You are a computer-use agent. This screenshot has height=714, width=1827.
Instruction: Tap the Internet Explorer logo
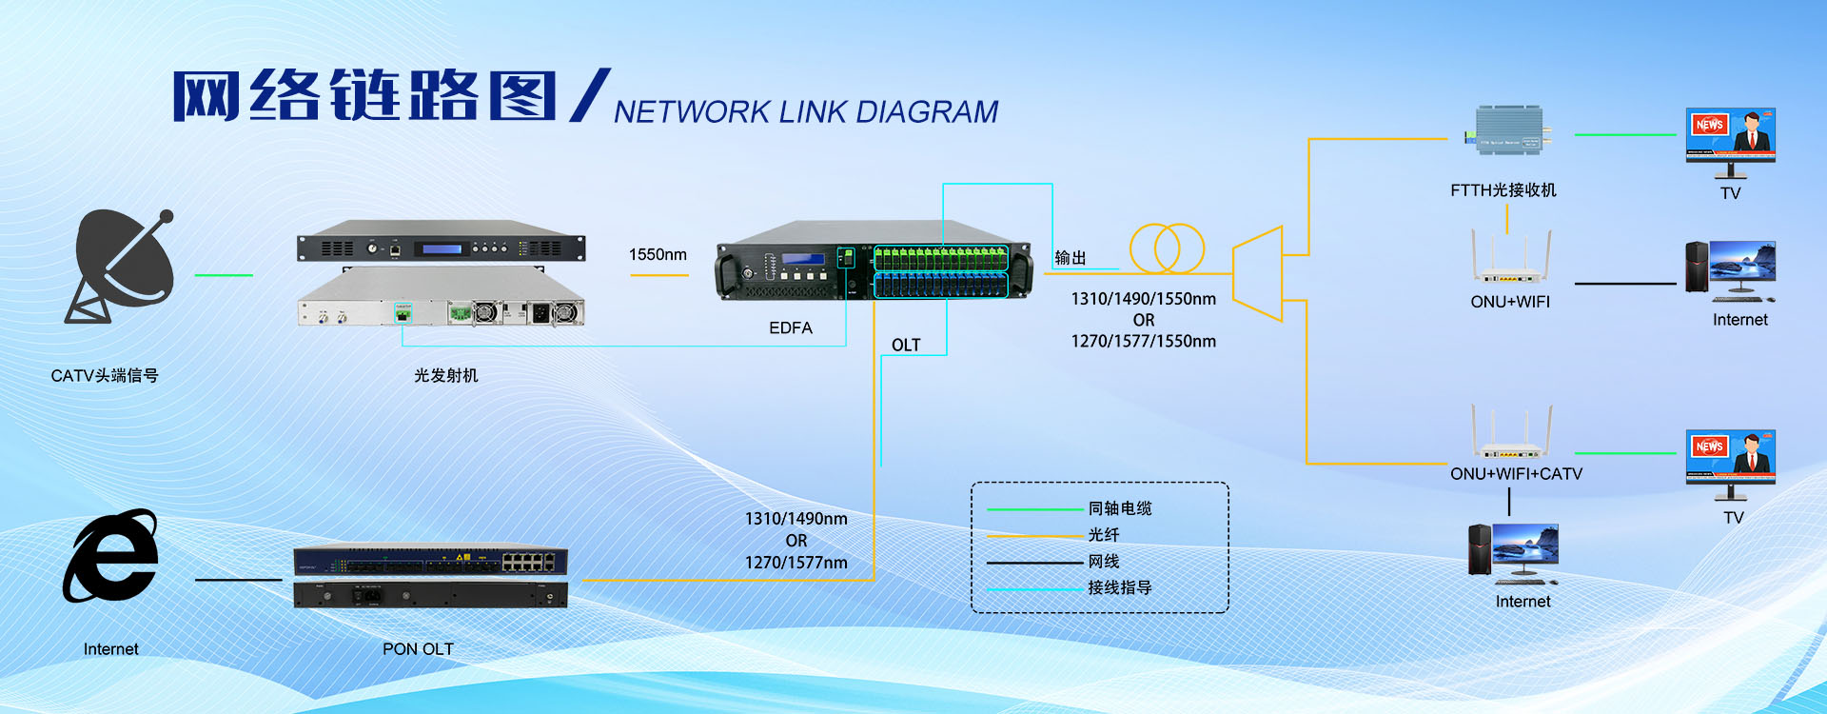click(x=111, y=557)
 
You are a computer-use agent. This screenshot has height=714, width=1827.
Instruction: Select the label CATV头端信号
click(x=105, y=376)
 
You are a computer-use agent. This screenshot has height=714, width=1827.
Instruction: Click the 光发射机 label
click(x=446, y=376)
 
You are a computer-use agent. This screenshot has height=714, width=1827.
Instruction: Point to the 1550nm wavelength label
click(x=658, y=255)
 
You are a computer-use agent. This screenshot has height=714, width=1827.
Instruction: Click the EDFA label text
click(x=791, y=328)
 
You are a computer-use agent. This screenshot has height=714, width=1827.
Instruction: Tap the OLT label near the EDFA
click(x=906, y=346)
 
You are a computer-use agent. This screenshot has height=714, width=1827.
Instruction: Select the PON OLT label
click(x=418, y=649)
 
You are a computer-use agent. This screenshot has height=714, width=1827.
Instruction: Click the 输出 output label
click(x=1071, y=258)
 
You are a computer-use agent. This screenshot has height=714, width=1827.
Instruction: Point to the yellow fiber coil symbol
click(x=1167, y=248)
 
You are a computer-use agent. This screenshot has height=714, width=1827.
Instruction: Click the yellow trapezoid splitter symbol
click(x=1258, y=273)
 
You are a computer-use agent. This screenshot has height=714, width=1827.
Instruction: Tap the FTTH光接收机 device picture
click(x=1508, y=131)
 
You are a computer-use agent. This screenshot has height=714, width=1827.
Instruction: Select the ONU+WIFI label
click(x=1510, y=302)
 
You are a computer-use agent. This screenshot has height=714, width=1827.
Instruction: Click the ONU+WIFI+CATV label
click(x=1516, y=474)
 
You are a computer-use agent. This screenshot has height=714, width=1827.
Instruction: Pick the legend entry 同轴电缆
click(x=1120, y=508)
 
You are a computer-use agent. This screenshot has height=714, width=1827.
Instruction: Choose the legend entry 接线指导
click(x=1120, y=588)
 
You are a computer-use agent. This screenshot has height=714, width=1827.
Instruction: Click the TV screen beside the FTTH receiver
click(x=1730, y=135)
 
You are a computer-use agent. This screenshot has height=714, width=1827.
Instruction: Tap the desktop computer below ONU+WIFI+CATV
click(x=1513, y=552)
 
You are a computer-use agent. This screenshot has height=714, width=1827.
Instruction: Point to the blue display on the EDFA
click(x=803, y=259)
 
